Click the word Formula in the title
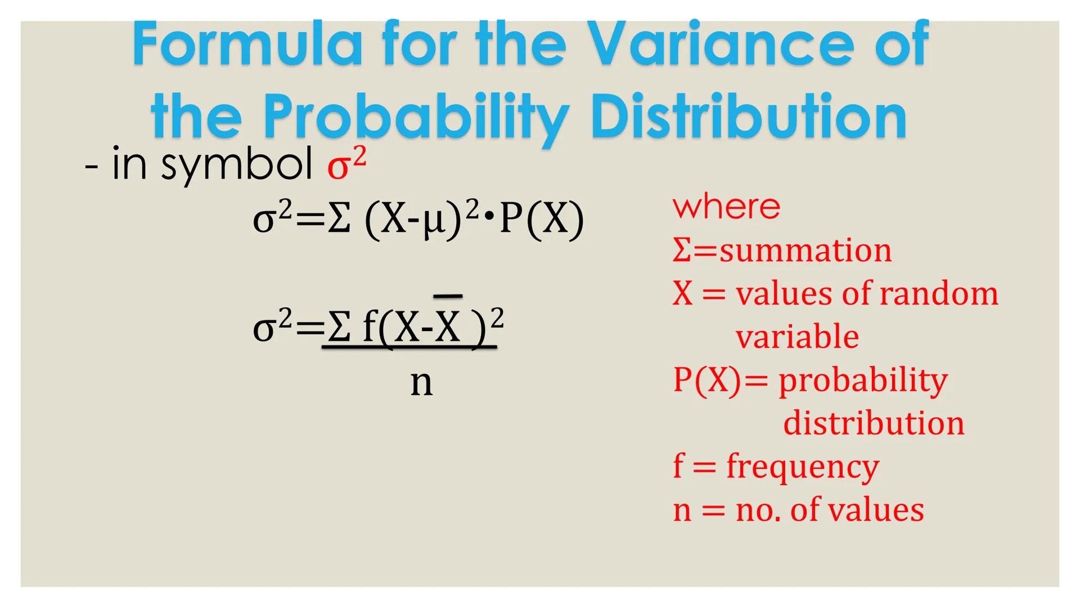pos(247,45)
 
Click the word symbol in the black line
pos(236,165)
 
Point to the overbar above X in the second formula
pos(448,296)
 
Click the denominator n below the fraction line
pos(421,383)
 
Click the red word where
pos(726,207)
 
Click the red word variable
pos(797,337)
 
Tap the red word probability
pos(863,381)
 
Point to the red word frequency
pos(802,467)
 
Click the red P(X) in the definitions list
pos(707,380)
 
